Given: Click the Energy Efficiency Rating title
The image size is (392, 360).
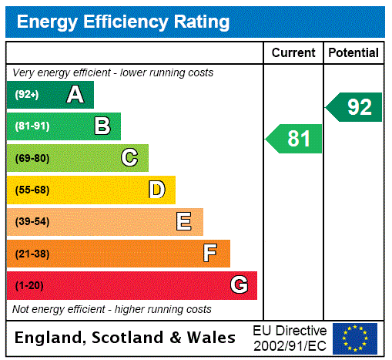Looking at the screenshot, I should pyautogui.click(x=123, y=22).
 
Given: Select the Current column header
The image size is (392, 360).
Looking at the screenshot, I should pyautogui.click(x=293, y=53).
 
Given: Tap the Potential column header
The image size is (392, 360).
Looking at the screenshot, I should pyautogui.click(x=353, y=53).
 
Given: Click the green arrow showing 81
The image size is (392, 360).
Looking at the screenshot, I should pyautogui.click(x=295, y=139).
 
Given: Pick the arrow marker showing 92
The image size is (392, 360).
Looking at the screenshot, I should pyautogui.click(x=355, y=107).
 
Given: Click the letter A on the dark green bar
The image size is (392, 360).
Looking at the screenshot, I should pyautogui.click(x=75, y=95).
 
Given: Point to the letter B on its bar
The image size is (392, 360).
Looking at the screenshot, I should pyautogui.click(x=102, y=126).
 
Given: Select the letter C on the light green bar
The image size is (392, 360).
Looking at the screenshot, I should pyautogui.click(x=129, y=158).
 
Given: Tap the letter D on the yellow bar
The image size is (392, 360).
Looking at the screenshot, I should pyautogui.click(x=156, y=190).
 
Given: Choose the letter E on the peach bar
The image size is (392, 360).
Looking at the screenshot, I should pyautogui.click(x=183, y=222).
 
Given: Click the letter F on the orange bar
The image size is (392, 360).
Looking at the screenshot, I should pyautogui.click(x=209, y=254).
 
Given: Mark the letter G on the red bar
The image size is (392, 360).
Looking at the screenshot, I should pyautogui.click(x=239, y=285).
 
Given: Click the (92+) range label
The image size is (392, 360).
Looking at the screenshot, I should pyautogui.click(x=27, y=95).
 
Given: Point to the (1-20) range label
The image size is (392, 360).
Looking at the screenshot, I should pyautogui.click(x=29, y=286).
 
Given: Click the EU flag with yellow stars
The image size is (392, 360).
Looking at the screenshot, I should pyautogui.click(x=355, y=338).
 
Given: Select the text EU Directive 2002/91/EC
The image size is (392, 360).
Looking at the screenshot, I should pyautogui.click(x=290, y=338).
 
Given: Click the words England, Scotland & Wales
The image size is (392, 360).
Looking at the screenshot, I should pyautogui.click(x=126, y=338).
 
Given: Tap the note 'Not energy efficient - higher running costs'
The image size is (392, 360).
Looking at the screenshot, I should pyautogui.click(x=112, y=309).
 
